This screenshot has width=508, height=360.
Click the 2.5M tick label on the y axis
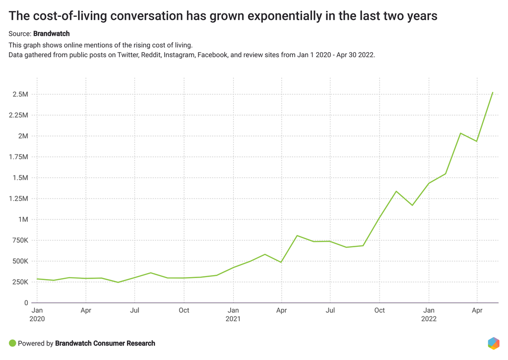click(x=20, y=94)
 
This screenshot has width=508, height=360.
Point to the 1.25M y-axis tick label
click(x=18, y=199)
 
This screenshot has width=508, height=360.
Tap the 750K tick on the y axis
click(x=19, y=240)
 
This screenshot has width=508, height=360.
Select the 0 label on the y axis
click(x=26, y=303)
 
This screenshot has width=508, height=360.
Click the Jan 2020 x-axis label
click(x=37, y=315)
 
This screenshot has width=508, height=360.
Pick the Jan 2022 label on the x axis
click(x=429, y=315)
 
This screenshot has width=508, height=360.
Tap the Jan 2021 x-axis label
click(x=233, y=315)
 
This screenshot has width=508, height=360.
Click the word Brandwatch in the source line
click(x=52, y=34)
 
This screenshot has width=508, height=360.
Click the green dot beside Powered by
click(x=12, y=343)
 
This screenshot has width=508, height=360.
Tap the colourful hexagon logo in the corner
click(x=493, y=343)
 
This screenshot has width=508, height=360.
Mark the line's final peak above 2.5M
click(x=493, y=92)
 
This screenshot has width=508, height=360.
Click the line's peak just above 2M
click(x=461, y=133)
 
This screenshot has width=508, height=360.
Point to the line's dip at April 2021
click(x=281, y=262)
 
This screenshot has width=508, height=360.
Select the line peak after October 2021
click(x=396, y=191)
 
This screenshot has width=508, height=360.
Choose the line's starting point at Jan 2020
click(x=37, y=279)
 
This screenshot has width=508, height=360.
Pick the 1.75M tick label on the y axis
click(x=18, y=157)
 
